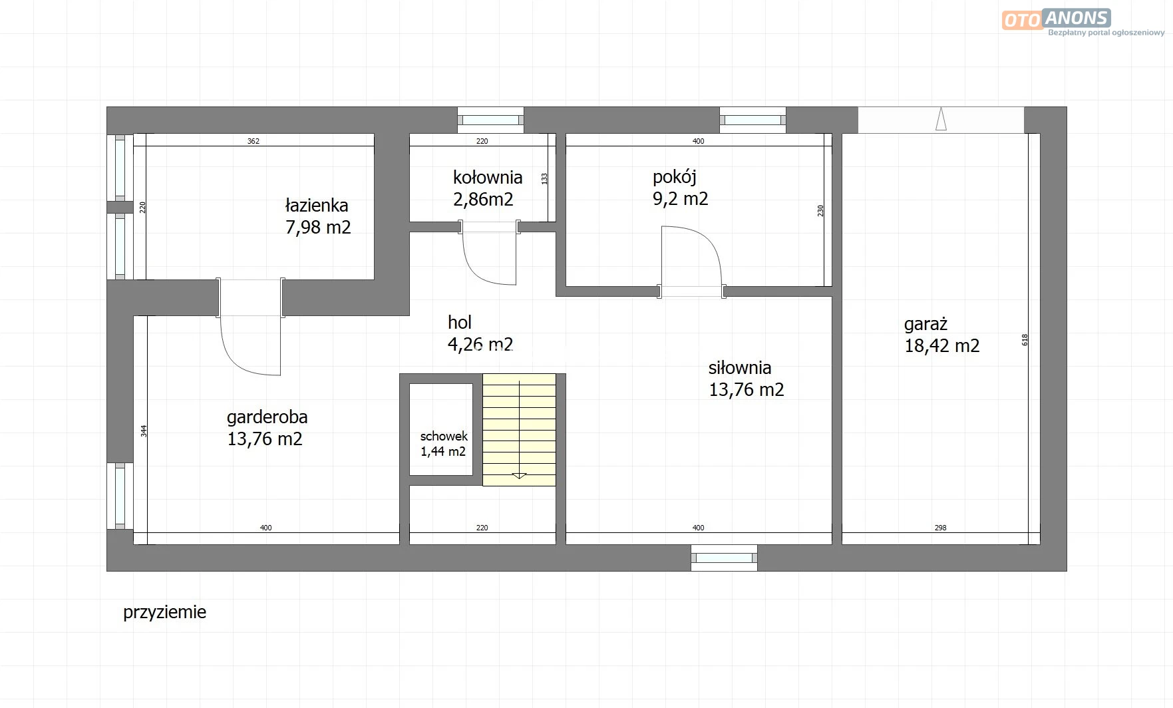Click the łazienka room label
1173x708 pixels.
[x=317, y=216]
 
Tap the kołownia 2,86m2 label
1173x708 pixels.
[x=487, y=188]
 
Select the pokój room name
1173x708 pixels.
[x=674, y=177]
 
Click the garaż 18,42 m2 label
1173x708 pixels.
[x=941, y=335]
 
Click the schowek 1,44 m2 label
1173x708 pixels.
[x=444, y=444]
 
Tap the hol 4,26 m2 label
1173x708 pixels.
[x=480, y=333]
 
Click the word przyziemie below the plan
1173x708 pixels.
[x=164, y=612]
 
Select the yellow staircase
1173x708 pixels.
[x=519, y=429]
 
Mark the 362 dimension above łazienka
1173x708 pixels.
[x=253, y=141]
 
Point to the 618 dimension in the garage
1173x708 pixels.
[x=1025, y=339]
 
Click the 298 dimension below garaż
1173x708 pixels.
[x=940, y=528]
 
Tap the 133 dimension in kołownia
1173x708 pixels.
[x=544, y=178]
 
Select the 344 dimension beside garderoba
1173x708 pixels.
[x=144, y=431]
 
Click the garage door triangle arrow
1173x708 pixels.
[x=941, y=119]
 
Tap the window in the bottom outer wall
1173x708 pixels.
[x=724, y=558]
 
